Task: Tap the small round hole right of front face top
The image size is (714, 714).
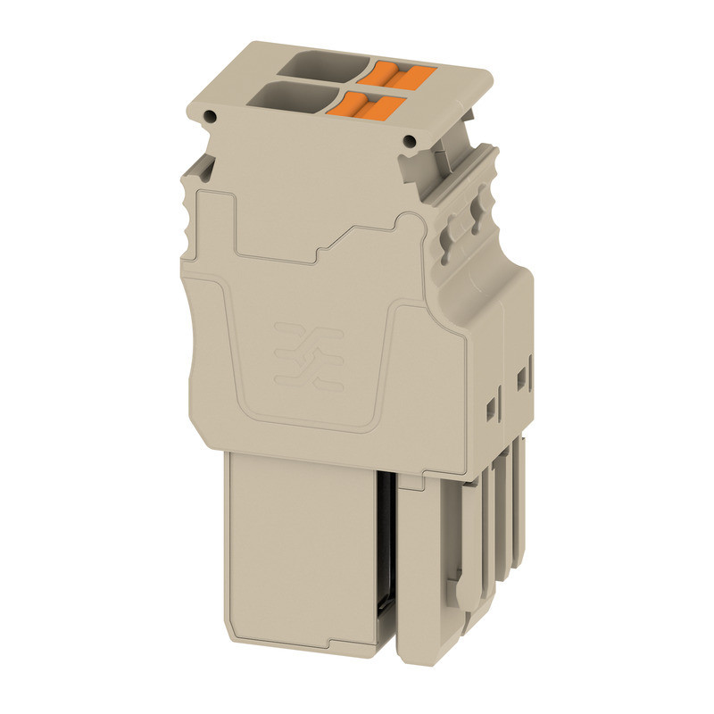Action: tap(411, 141)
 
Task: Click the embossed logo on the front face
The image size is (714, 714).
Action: tap(310, 355)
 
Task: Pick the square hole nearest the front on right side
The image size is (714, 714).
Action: tap(489, 408)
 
